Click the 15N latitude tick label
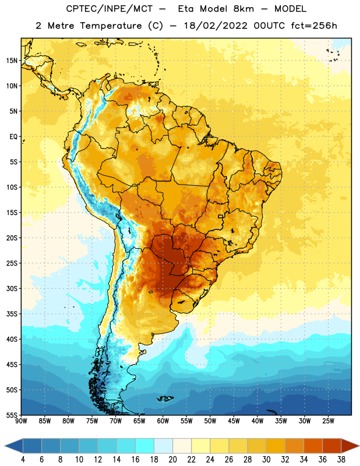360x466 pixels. coord(12,61)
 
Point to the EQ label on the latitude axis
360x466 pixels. coord(13,137)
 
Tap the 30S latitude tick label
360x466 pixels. coord(12,288)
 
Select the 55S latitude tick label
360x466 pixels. coord(12,415)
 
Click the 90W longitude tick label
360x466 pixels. coord(21,421)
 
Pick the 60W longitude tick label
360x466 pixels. coord(163,421)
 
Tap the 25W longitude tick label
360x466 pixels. coord(328,421)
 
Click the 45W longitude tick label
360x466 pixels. coord(234,421)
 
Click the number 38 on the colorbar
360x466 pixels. coord(341,460)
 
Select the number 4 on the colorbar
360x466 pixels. coord(23,460)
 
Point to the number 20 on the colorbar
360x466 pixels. coord(172,460)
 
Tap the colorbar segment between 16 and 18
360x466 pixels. coord(145,446)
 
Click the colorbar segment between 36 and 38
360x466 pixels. coord(332,446)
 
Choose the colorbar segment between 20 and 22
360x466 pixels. coord(182,446)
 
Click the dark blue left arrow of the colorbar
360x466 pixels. coord(13,446)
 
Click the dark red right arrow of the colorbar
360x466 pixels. coord(350,446)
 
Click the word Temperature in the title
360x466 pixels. coord(111,26)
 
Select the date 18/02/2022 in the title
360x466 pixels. coord(216,26)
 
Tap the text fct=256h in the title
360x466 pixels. coord(314,26)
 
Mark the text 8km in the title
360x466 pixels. coord(243,9)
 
